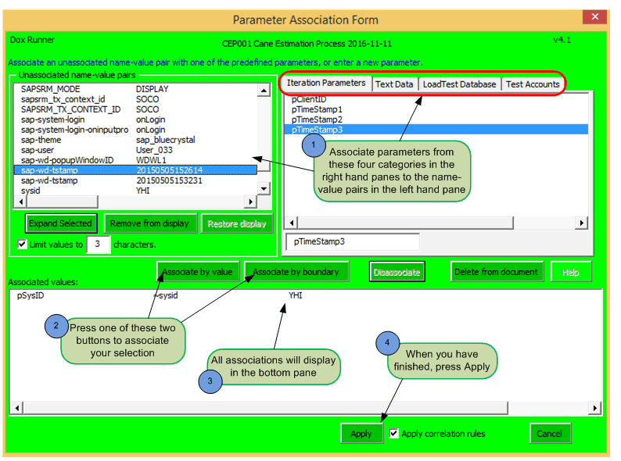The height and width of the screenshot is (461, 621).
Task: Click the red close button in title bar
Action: coord(596,16)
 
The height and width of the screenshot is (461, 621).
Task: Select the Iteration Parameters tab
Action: coord(325,83)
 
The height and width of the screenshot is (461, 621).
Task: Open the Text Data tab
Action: coord(394,84)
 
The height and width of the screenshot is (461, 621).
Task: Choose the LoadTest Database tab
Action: coord(459,84)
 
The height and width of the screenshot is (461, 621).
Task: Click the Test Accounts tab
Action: coord(532,84)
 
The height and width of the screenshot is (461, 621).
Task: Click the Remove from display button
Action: coord(149,223)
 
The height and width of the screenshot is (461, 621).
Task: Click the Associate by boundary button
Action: coord(296,272)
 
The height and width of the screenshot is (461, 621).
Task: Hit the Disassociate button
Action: coord(397,272)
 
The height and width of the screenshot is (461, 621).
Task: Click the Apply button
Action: coord(361,434)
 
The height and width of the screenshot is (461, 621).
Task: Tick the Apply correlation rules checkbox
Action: coord(394,433)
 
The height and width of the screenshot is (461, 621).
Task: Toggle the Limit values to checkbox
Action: coord(23,245)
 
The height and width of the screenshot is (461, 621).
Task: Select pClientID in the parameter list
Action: coord(310,100)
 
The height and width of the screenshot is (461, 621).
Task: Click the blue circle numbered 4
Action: coord(387,343)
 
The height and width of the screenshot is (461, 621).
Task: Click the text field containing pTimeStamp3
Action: coord(352,242)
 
